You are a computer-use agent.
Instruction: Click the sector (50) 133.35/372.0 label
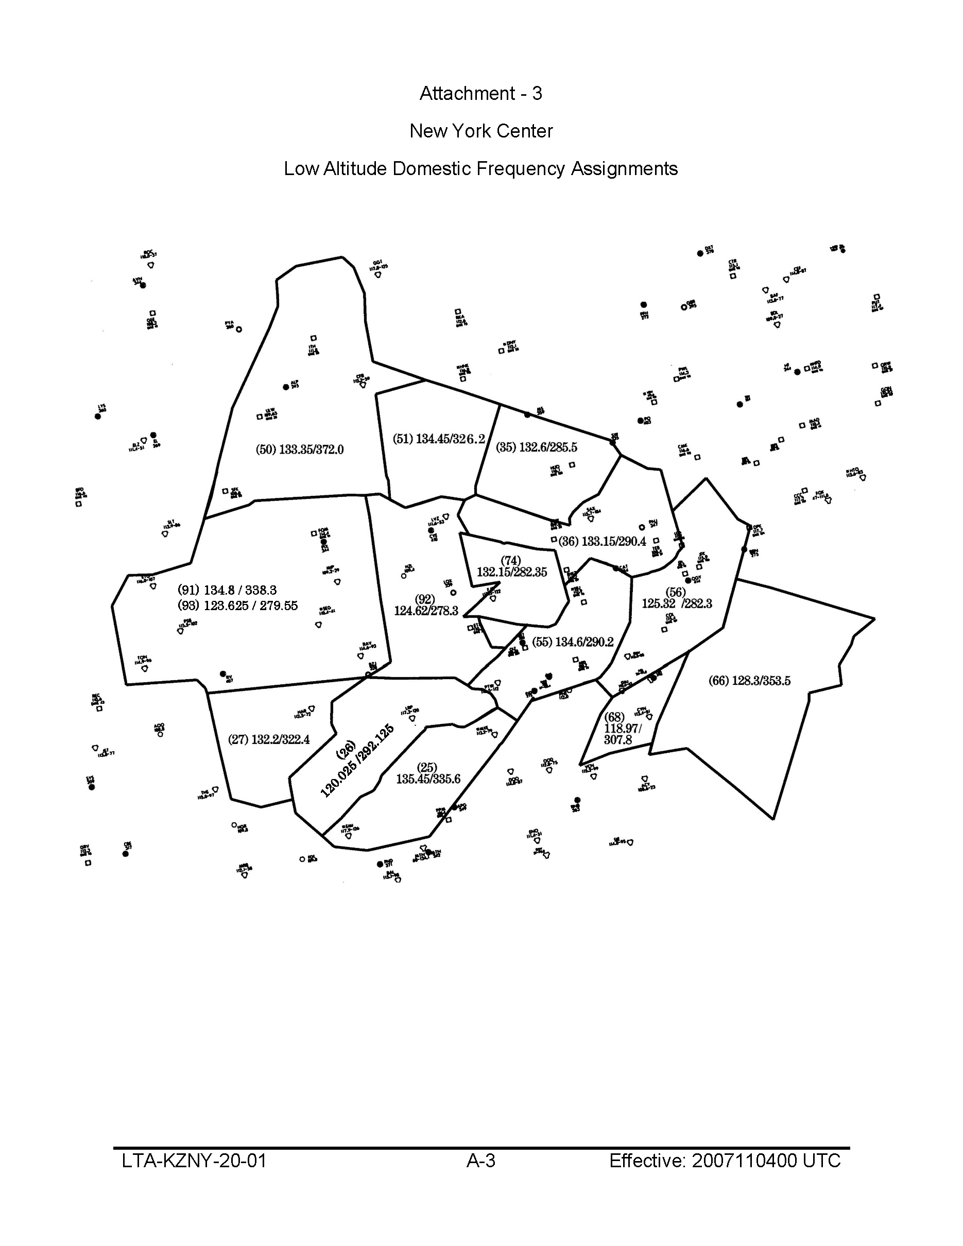(x=300, y=449)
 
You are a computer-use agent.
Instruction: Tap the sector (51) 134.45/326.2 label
(x=439, y=439)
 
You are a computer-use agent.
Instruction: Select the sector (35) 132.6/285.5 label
(x=536, y=447)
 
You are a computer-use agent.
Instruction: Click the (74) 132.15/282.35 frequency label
(x=511, y=566)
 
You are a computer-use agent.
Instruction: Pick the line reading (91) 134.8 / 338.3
(x=227, y=590)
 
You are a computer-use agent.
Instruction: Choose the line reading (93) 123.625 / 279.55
(x=237, y=605)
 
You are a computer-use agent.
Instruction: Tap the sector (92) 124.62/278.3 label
(x=425, y=605)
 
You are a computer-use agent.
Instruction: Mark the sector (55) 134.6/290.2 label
(x=573, y=642)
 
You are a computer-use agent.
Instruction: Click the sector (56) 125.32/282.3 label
(x=677, y=598)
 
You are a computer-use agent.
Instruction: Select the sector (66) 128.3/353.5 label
(x=749, y=681)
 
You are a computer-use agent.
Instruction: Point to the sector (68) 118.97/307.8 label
(x=621, y=729)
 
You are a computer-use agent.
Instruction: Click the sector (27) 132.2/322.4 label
(x=269, y=739)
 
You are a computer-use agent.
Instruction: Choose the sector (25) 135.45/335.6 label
(x=428, y=774)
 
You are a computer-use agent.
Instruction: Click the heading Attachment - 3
(x=481, y=93)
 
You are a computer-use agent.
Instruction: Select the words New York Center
(x=481, y=131)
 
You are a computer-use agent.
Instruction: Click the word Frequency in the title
(x=522, y=169)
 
